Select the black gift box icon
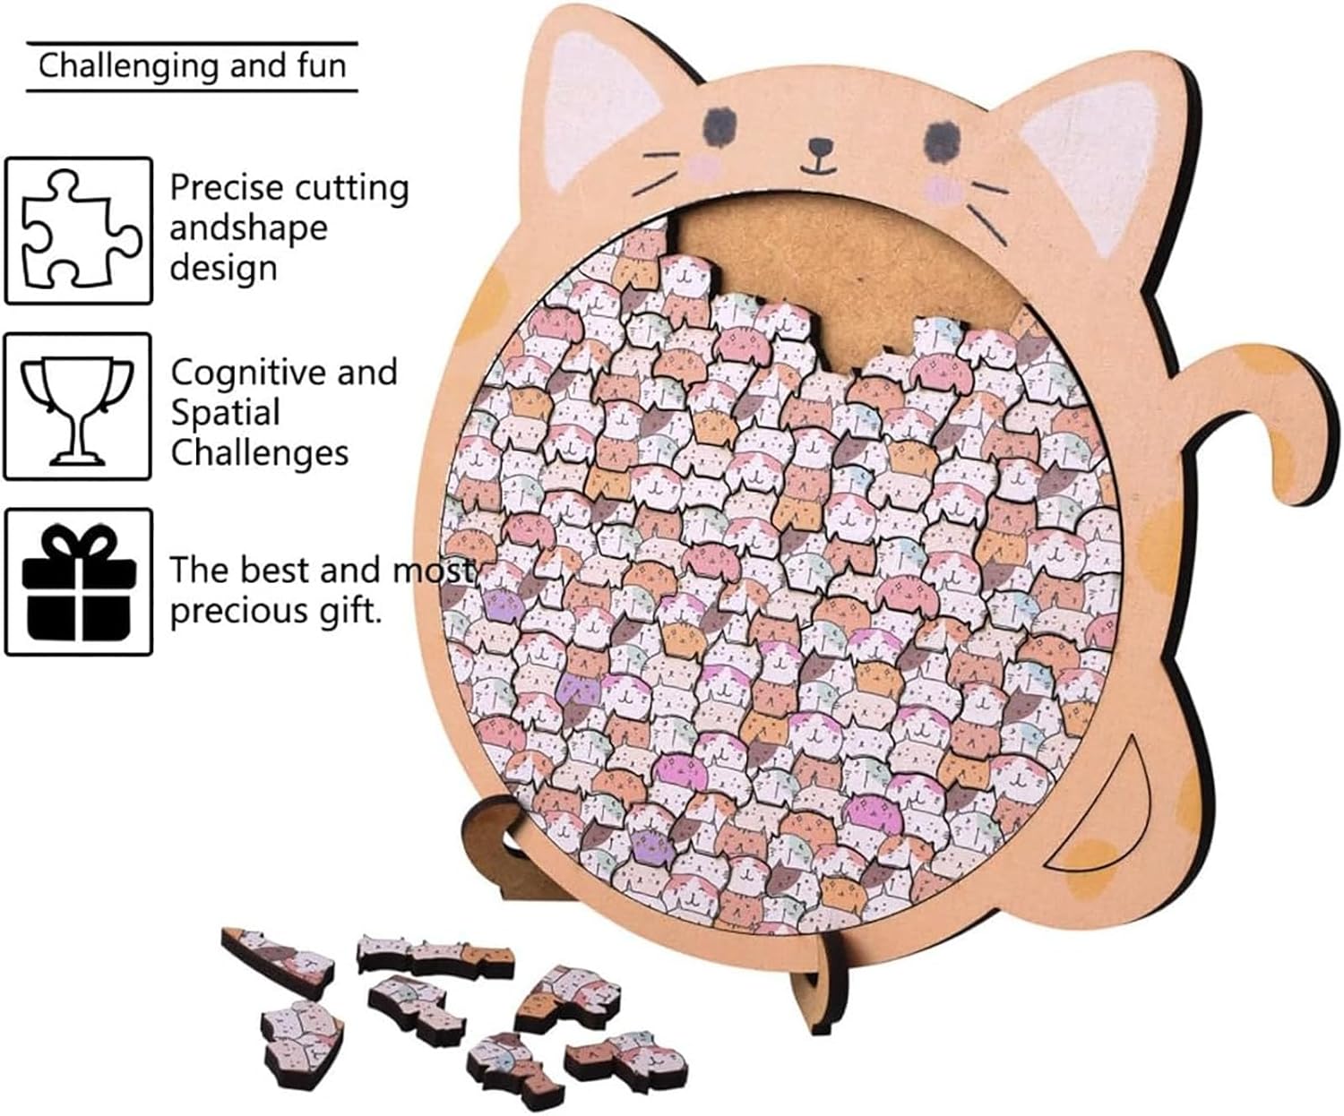[79, 582]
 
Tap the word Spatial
[226, 413]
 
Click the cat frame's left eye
[720, 119]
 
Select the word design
[224, 268]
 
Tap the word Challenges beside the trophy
[260, 453]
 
